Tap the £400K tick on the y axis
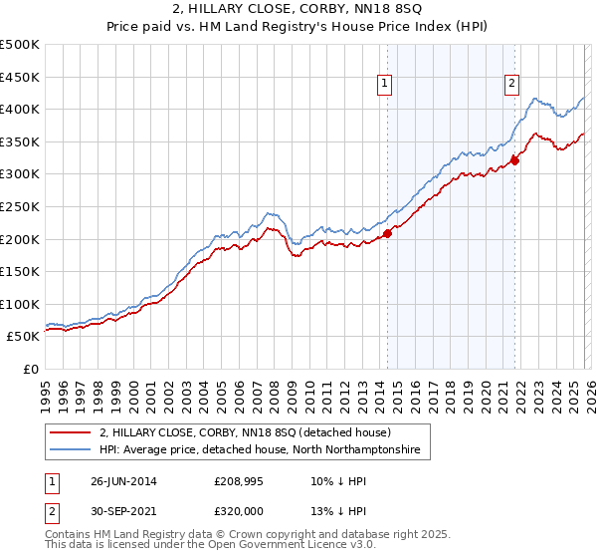(20, 109)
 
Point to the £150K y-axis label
(20, 271)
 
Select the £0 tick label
(31, 369)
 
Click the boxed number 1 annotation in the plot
(384, 85)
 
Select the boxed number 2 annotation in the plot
(512, 85)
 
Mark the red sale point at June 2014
(388, 234)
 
